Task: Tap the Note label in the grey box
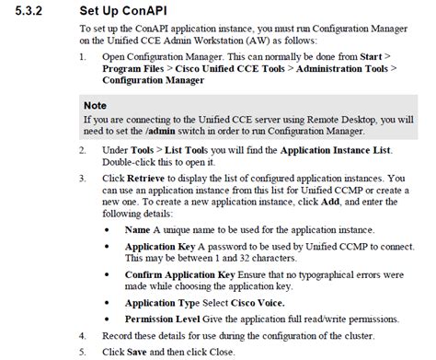coord(98,105)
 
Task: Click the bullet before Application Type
coord(111,301)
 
